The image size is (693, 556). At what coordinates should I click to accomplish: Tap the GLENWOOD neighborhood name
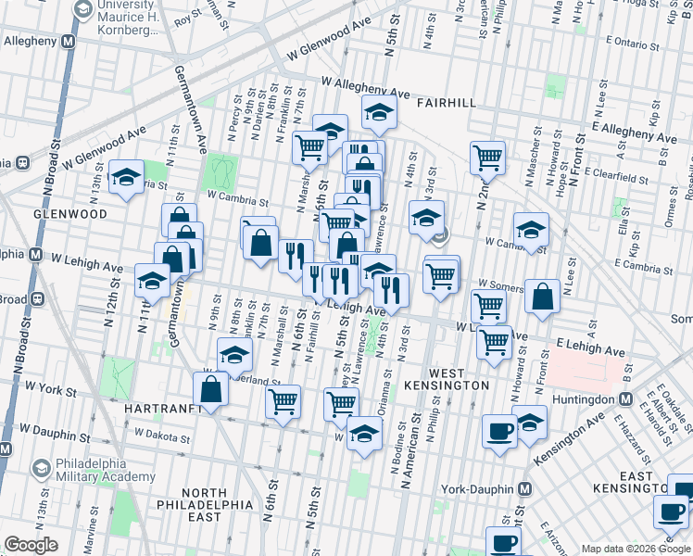tap(29, 213)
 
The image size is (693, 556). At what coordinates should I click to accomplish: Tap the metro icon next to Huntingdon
tap(626, 399)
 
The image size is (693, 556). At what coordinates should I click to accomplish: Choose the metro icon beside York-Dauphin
tap(524, 488)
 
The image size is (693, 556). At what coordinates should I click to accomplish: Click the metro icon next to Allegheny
tap(68, 43)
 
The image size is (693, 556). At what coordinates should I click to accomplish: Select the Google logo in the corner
tap(31, 545)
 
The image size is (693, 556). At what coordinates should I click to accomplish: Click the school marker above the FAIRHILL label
tap(379, 113)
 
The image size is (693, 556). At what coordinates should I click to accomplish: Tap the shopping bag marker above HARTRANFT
tap(211, 391)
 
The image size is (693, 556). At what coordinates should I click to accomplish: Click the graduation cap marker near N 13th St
tap(125, 178)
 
